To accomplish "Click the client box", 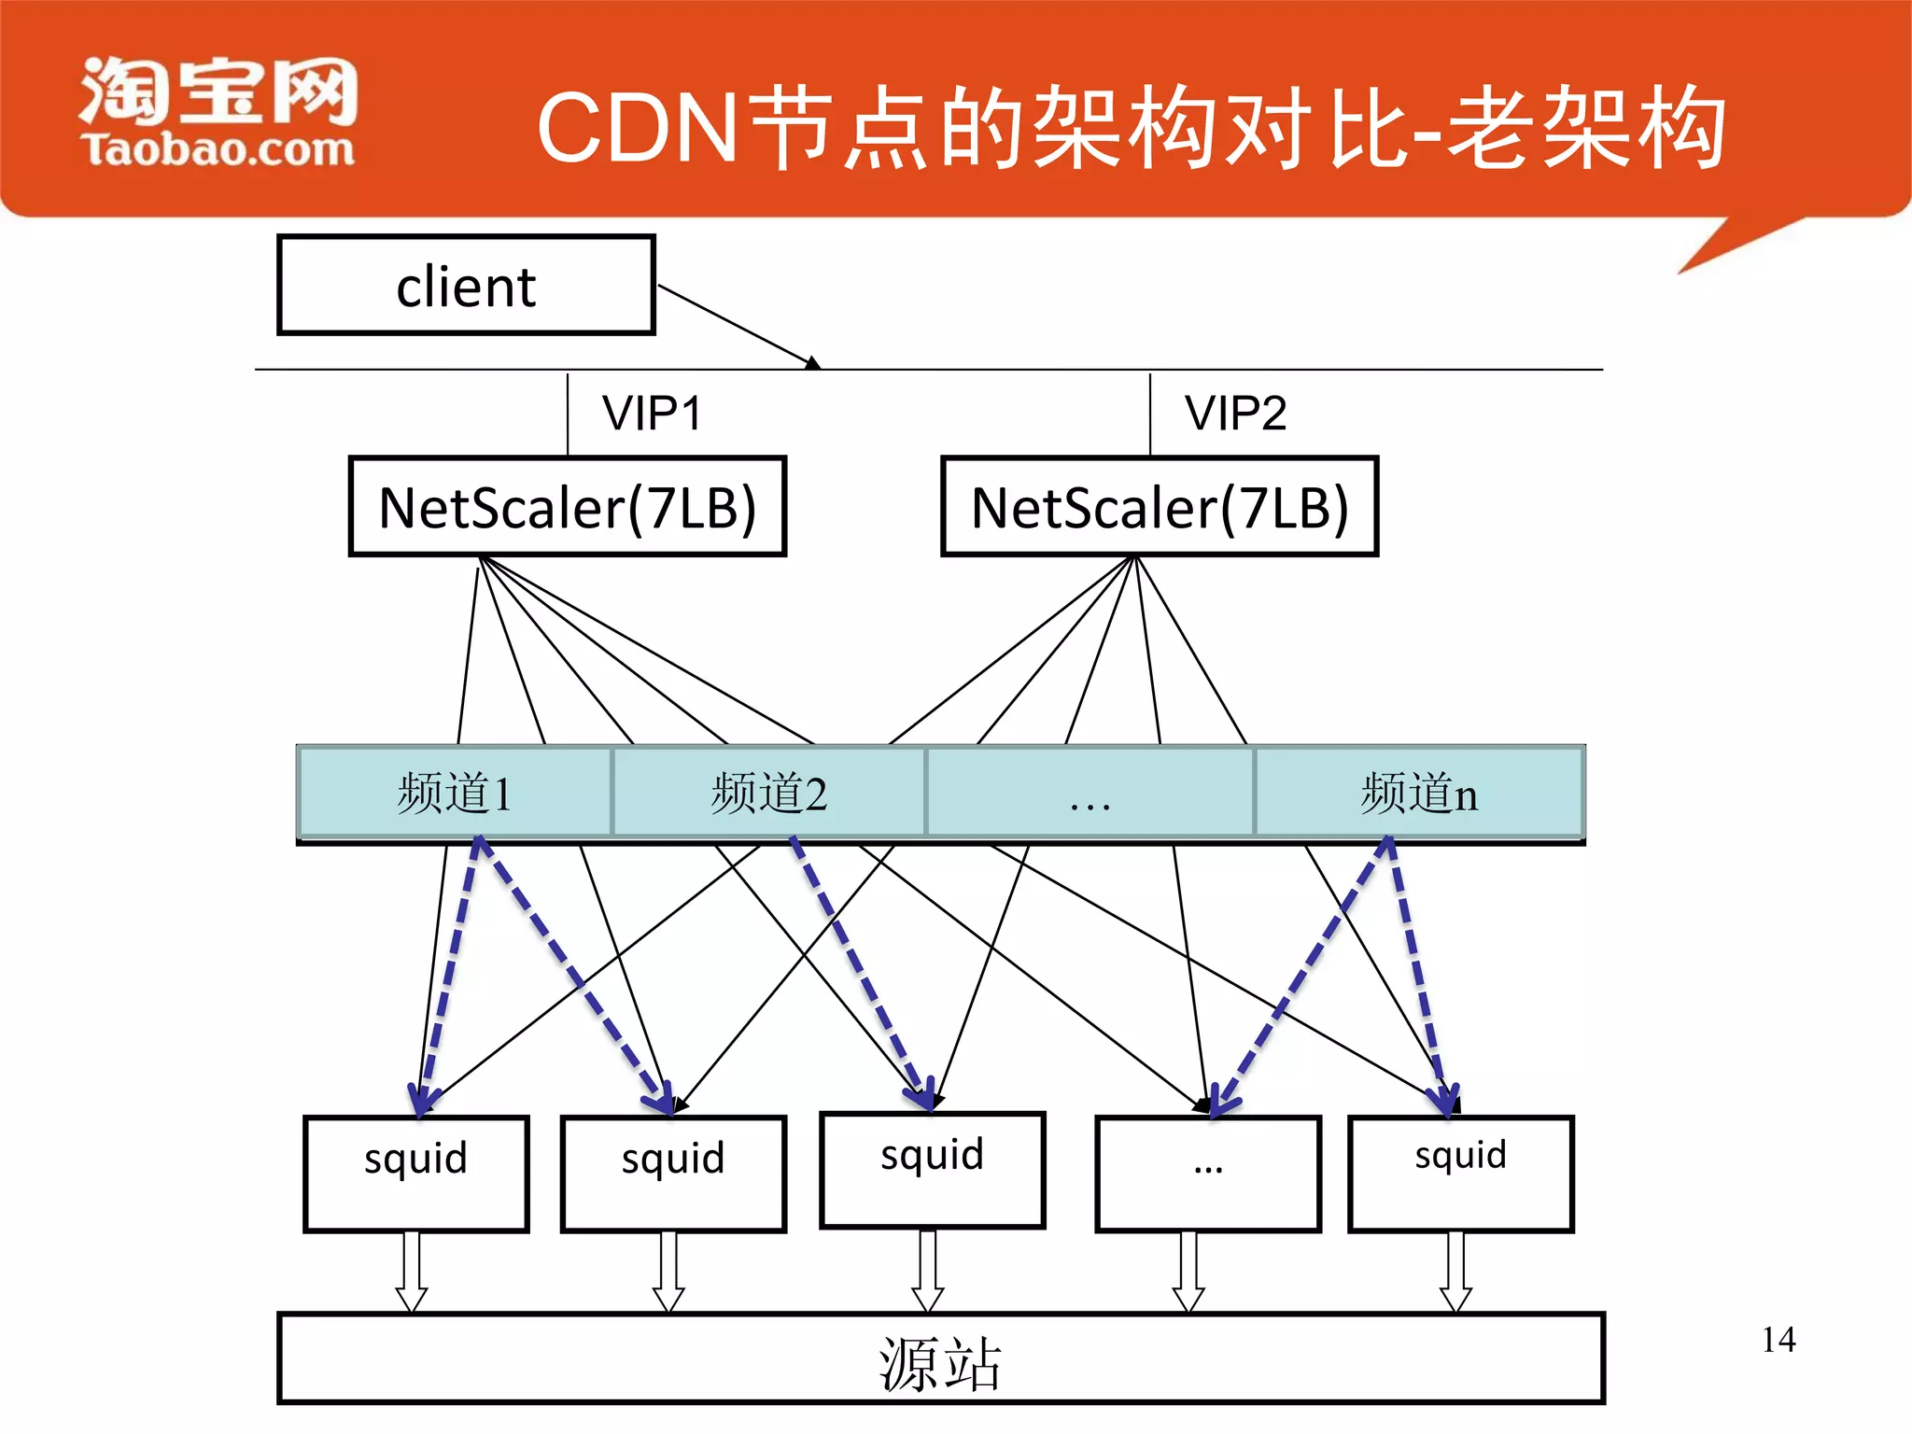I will tap(466, 286).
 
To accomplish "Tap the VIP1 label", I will tap(651, 414).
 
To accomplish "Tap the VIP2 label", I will tap(1235, 414).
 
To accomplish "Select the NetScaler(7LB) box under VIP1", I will tap(568, 507).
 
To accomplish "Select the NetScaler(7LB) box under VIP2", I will tap(1160, 507).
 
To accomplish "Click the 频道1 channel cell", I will tap(455, 793).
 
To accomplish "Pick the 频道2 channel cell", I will tap(768, 793).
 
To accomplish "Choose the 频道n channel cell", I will tap(1418, 793).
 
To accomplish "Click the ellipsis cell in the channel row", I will tap(1090, 793).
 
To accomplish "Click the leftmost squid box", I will tap(416, 1174).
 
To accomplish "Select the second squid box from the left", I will tap(673, 1174).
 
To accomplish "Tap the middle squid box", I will tap(932, 1170).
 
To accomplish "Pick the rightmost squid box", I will tap(1461, 1174).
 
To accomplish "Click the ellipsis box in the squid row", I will tap(1208, 1174).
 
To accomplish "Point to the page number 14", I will tap(1778, 1340).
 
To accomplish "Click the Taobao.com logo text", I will tap(218, 149).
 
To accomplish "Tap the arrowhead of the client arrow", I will tap(813, 363).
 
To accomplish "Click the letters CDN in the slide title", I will tap(639, 129).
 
